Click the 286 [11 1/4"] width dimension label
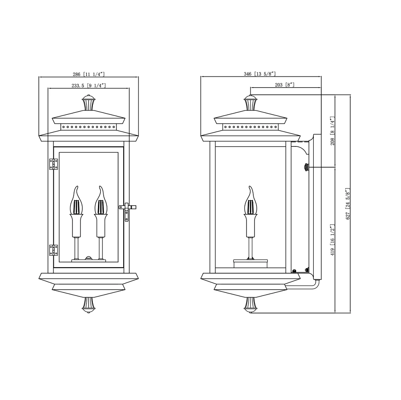pyautogui.click(x=88, y=74)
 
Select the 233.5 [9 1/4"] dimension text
pyautogui.click(x=88, y=85)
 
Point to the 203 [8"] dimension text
pyautogui.click(x=285, y=85)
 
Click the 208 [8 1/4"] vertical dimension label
pyautogui.click(x=332, y=130)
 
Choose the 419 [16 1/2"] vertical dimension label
pyautogui.click(x=332, y=240)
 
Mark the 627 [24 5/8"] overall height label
pyautogui.click(x=348, y=204)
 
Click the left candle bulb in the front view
pyautogui.click(x=77, y=202)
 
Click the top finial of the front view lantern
pyautogui.click(x=89, y=104)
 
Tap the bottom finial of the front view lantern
pyautogui.click(x=89, y=305)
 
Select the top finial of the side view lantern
pyautogui.click(x=251, y=104)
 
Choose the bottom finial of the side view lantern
pyautogui.click(x=251, y=305)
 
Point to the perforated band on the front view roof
pyautogui.click(x=88, y=127)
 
